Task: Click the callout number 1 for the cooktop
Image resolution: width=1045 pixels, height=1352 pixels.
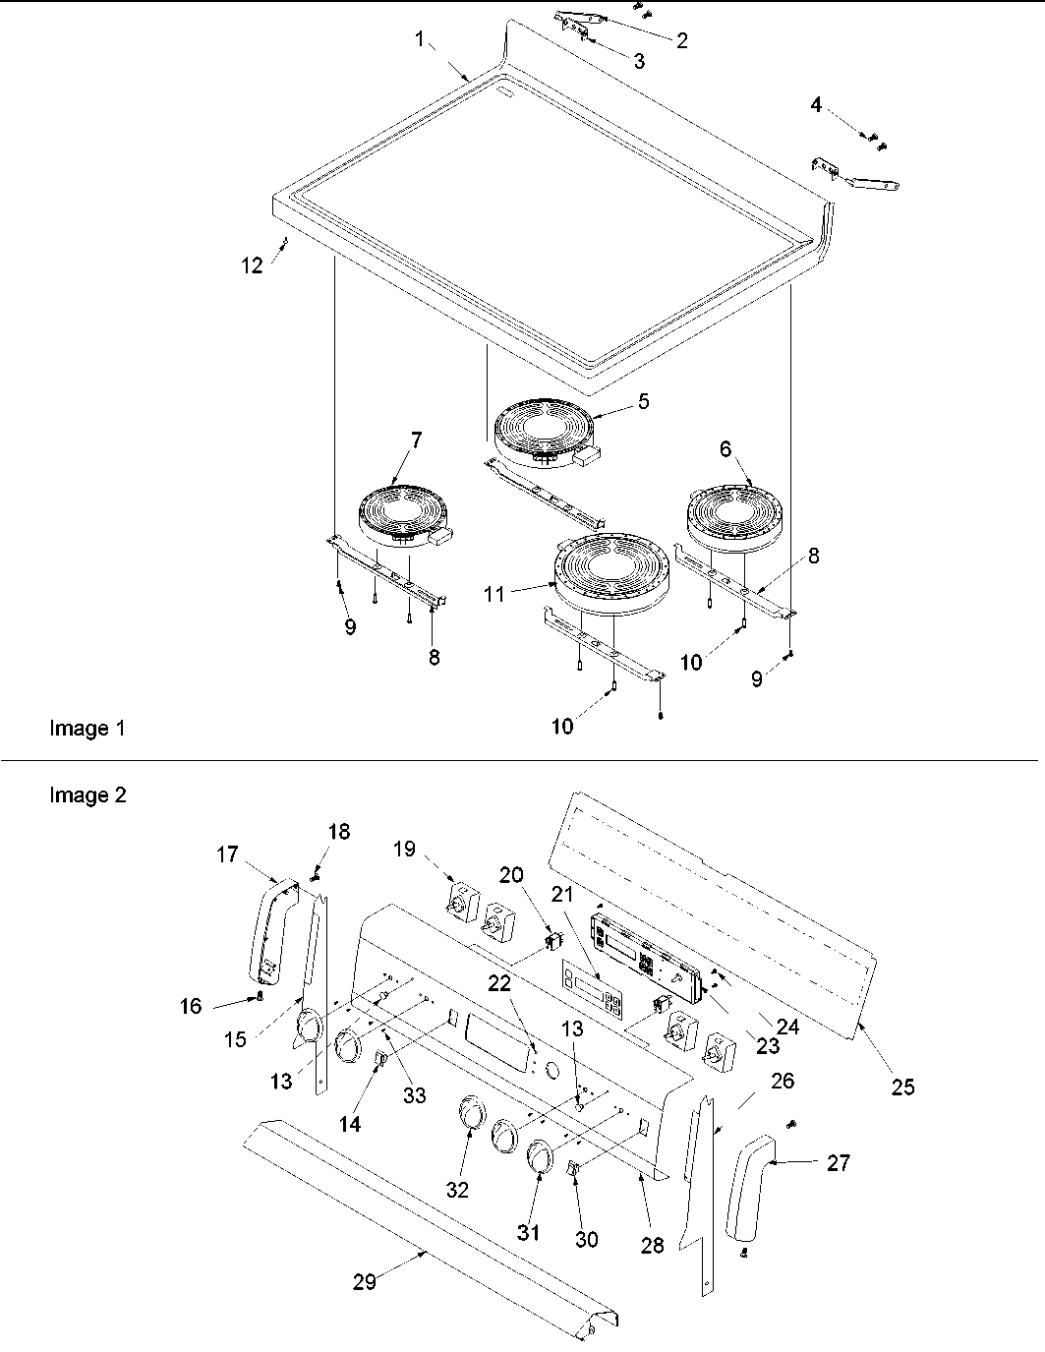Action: (420, 40)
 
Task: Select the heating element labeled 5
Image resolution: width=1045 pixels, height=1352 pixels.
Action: (539, 434)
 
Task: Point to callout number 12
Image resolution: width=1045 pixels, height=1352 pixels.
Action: (253, 265)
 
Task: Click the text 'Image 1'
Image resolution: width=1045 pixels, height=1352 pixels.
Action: (87, 729)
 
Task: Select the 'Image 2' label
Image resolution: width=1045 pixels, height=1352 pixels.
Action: (87, 795)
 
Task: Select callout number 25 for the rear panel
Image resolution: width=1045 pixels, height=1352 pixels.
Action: (901, 1087)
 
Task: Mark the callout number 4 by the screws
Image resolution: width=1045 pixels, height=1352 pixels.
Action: (817, 105)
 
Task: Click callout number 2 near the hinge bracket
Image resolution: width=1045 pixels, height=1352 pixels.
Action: (680, 40)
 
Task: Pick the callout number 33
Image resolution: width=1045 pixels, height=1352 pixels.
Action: (415, 1094)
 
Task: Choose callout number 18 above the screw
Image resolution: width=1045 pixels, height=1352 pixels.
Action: (338, 832)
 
